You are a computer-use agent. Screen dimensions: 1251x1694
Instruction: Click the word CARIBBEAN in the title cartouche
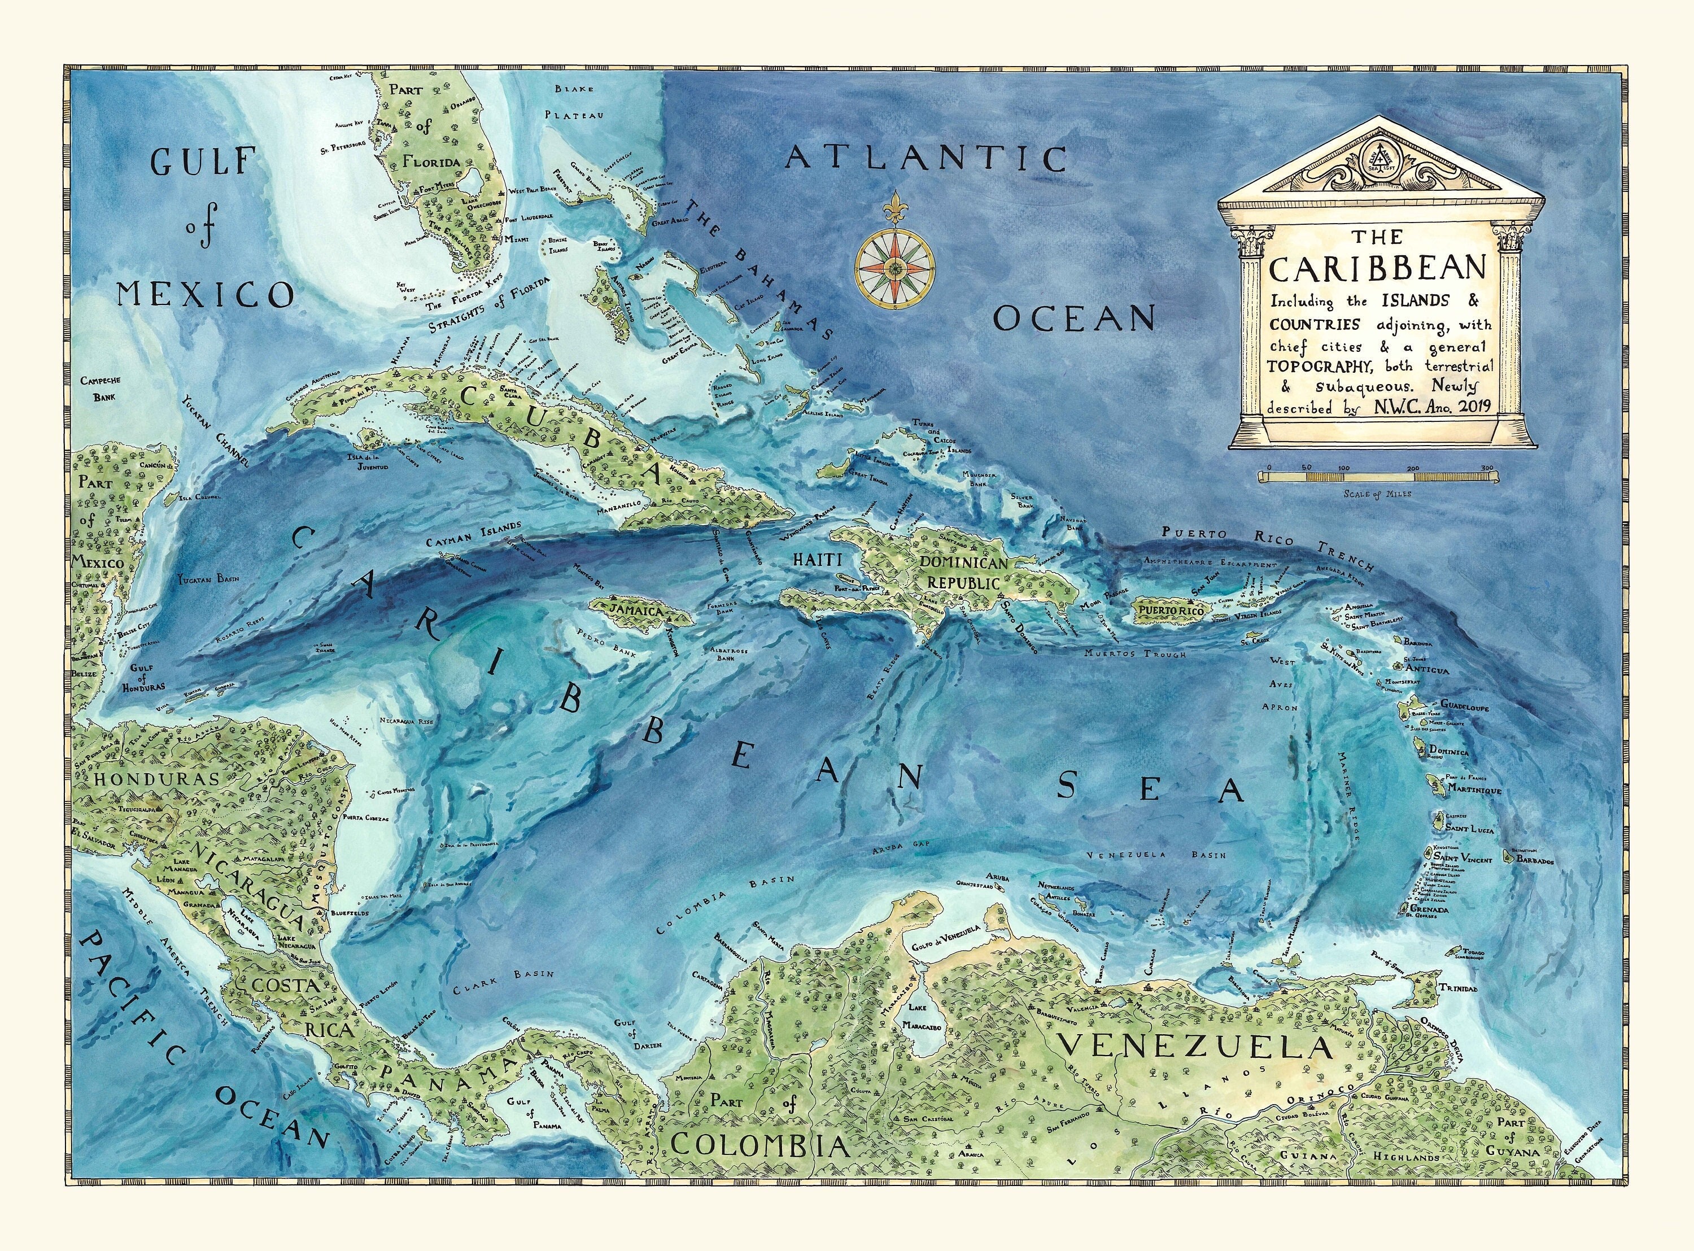click(1378, 268)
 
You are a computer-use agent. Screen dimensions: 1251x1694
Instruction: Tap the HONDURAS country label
click(156, 778)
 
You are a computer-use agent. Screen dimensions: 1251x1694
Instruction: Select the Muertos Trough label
click(1133, 653)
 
